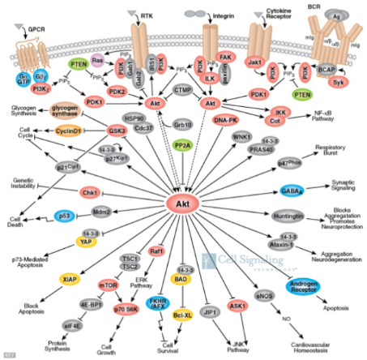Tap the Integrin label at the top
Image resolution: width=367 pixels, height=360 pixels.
point(223,15)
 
